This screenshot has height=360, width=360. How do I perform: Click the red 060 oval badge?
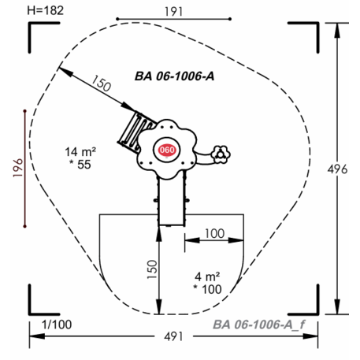pos(167,150)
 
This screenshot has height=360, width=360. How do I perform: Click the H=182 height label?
pos(46,10)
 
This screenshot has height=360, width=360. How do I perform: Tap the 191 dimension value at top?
pos(173,12)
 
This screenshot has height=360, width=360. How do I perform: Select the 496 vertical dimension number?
pos(337,169)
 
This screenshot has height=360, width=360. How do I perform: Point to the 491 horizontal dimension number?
pos(173,336)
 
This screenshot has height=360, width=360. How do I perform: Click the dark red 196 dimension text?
pos(18,168)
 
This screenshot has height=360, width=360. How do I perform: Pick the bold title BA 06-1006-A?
pos(174,76)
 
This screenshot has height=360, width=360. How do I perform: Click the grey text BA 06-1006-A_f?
pos(258,325)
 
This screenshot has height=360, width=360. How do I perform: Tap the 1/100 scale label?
pos(57,325)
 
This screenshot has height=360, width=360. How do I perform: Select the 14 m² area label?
pos(80,152)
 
